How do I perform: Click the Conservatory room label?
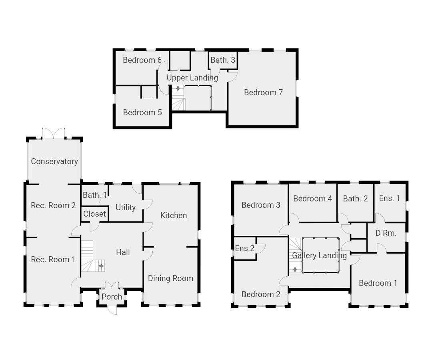[x=54, y=161]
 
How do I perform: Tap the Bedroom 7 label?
[x=263, y=93]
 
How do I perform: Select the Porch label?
[x=112, y=297]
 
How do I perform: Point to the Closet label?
[x=94, y=214]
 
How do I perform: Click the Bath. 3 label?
[x=223, y=60]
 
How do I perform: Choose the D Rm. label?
[x=386, y=233]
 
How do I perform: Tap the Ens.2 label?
[x=245, y=248]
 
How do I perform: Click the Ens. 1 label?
[x=389, y=198]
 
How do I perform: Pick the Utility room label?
[x=126, y=207]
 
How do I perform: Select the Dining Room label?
[x=170, y=278]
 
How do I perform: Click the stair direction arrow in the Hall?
[x=101, y=266]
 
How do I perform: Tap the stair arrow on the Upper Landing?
[x=178, y=88]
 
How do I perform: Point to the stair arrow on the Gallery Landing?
[x=295, y=269]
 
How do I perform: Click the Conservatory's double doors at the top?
[x=54, y=133]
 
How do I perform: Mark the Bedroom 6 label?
[x=142, y=60]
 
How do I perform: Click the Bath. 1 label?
[x=95, y=195]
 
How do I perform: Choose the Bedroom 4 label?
[x=313, y=199]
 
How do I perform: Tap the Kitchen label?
[x=174, y=215]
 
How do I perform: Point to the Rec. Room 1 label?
[x=53, y=259]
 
